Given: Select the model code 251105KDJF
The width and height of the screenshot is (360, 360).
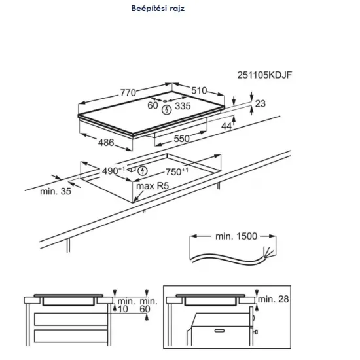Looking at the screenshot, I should tap(264, 75).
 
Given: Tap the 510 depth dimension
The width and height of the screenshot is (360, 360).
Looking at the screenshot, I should tap(200, 90).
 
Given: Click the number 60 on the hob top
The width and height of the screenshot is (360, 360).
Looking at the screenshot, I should tap(153, 105).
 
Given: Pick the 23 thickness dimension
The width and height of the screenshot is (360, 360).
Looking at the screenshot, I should tap(261, 103).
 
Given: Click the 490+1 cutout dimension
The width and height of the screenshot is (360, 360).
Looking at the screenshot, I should tap(114, 171).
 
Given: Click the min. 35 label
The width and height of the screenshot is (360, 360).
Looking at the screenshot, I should tap(56, 192).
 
